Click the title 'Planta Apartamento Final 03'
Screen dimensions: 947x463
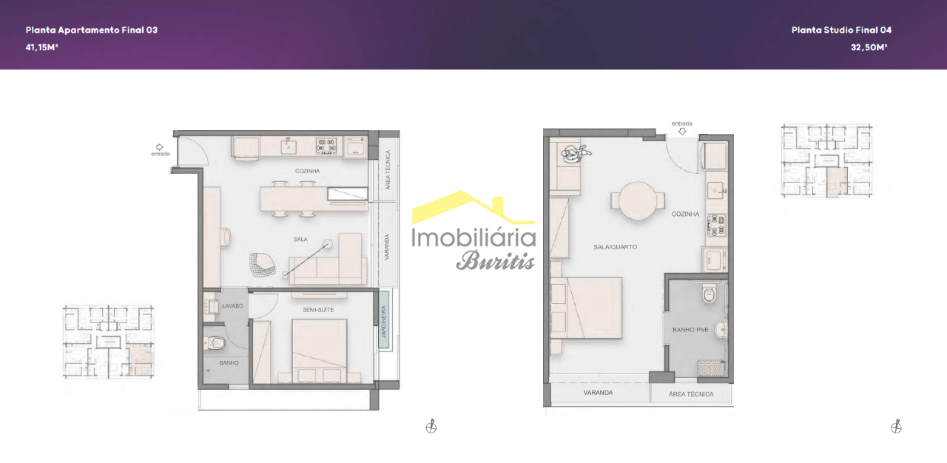click(x=91, y=30)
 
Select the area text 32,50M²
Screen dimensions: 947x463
click(x=869, y=47)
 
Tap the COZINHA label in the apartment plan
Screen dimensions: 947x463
click(x=307, y=171)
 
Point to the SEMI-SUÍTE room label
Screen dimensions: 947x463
click(x=318, y=310)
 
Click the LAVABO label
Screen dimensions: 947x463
click(x=232, y=306)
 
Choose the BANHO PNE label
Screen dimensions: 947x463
click(x=690, y=330)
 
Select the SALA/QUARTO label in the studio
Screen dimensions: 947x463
click(x=615, y=247)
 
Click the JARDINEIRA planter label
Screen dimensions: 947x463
click(x=384, y=322)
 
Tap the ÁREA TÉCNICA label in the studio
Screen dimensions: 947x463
click(x=691, y=394)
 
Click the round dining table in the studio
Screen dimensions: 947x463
click(x=638, y=200)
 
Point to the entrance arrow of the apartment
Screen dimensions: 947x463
click(x=159, y=147)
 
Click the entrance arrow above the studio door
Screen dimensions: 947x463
click(x=682, y=132)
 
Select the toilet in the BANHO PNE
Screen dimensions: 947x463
click(x=710, y=293)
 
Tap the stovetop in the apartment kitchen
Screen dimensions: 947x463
click(x=326, y=145)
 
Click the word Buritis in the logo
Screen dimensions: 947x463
click(x=496, y=260)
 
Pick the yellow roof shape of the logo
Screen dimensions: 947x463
click(x=473, y=207)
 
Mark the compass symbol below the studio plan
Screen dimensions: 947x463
click(x=896, y=427)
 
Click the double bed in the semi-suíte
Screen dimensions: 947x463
click(x=319, y=351)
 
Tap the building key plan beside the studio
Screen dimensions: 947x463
click(x=826, y=160)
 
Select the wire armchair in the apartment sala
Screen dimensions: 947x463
click(x=262, y=265)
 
